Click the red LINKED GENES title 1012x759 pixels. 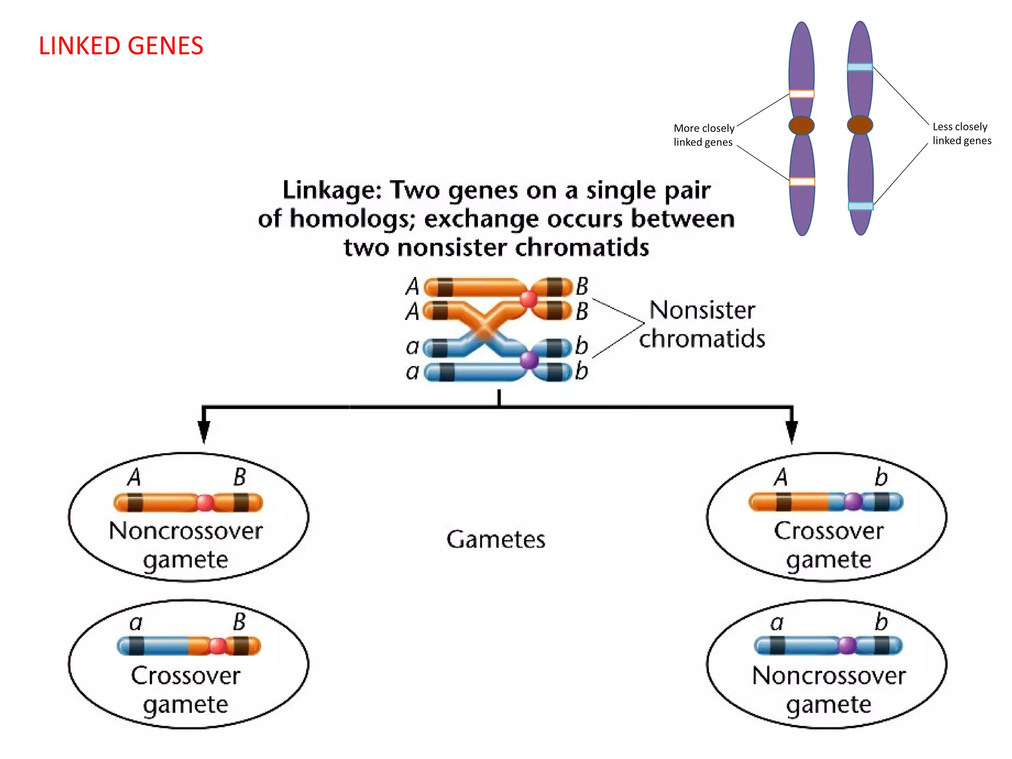click(x=121, y=46)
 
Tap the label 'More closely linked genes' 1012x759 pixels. click(x=703, y=135)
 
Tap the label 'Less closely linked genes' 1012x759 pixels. click(x=961, y=133)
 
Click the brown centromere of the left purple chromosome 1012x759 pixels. click(x=801, y=126)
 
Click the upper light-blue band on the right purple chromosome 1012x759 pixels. click(x=860, y=67)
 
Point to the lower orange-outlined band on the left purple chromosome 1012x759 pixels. click(x=801, y=182)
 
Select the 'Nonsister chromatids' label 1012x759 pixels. click(x=702, y=325)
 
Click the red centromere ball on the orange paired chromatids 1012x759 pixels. click(x=528, y=298)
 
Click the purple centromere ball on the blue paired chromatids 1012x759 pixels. click(x=529, y=360)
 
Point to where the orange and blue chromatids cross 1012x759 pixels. click(x=484, y=329)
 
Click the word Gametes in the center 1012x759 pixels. click(x=496, y=539)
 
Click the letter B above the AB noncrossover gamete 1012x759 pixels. click(x=240, y=477)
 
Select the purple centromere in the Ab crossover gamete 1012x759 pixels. click(x=853, y=502)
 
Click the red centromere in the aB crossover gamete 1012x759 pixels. click(x=217, y=646)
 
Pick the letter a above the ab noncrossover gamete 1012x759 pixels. click(x=777, y=623)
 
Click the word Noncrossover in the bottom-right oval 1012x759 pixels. click(x=829, y=675)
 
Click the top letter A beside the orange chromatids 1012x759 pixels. click(x=413, y=286)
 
